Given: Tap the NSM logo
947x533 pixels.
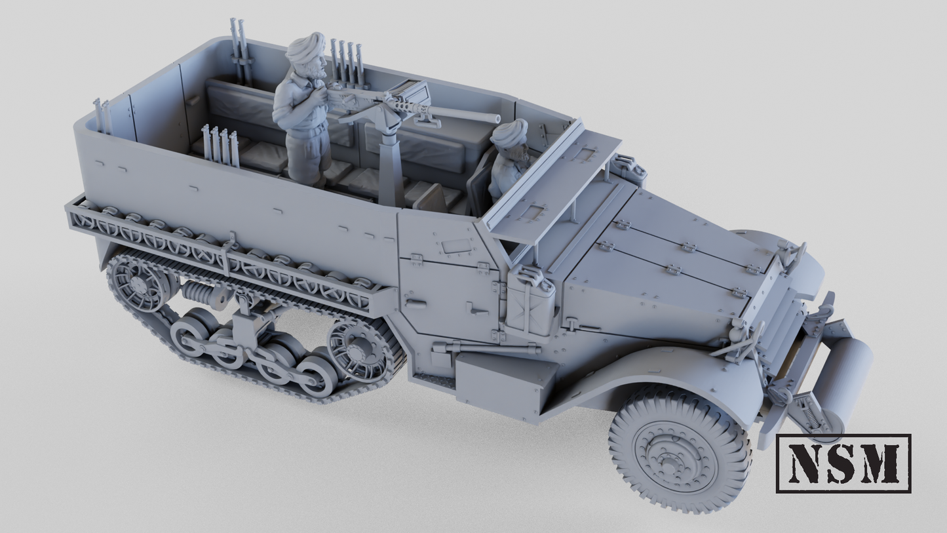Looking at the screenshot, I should (x=843, y=463).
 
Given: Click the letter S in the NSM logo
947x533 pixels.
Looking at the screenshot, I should (x=843, y=463).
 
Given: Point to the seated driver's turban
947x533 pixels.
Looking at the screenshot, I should (x=509, y=133).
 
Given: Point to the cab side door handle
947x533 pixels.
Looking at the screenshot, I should (x=414, y=302).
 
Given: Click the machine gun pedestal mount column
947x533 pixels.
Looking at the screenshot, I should (x=392, y=170).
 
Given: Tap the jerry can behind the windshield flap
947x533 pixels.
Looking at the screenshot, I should (x=628, y=168).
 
